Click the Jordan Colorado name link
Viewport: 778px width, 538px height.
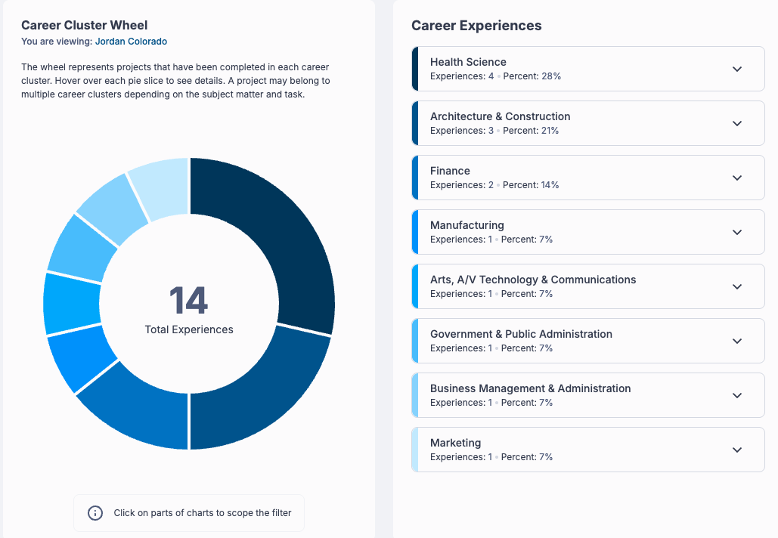point(131,42)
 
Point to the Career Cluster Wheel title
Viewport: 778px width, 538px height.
point(85,25)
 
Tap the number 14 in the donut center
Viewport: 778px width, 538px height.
point(188,301)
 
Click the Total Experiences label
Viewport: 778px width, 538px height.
point(188,329)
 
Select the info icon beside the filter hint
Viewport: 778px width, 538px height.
point(95,513)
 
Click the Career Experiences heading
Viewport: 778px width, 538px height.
point(476,26)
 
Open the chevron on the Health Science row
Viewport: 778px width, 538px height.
point(737,69)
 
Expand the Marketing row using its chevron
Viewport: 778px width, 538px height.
point(737,450)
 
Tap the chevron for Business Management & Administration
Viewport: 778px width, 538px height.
point(737,395)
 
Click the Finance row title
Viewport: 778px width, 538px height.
point(450,171)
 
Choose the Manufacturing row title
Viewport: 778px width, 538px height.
point(466,225)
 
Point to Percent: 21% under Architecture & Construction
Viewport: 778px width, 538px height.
point(531,131)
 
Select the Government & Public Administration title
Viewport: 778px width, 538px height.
point(521,334)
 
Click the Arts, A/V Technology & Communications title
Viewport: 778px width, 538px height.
point(533,280)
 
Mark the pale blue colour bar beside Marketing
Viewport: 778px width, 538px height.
point(415,450)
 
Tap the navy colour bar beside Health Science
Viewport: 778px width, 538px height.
point(415,69)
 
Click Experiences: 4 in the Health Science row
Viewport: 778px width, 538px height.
point(461,76)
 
